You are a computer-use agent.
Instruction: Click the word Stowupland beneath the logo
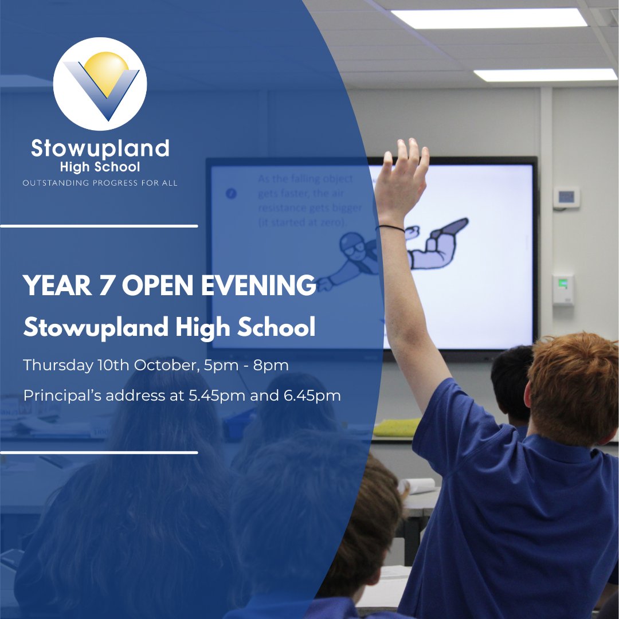point(100,149)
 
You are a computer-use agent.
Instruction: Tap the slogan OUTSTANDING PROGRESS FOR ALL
point(100,183)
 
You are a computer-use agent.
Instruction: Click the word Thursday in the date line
point(58,365)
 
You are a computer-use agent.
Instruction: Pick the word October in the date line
point(167,365)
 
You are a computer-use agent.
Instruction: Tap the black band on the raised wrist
point(391,228)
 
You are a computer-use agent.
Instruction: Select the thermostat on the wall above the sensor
point(566,197)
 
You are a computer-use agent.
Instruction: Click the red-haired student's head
point(573,384)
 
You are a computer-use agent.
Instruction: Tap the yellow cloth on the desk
point(397,428)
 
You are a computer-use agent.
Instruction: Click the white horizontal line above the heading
point(99,226)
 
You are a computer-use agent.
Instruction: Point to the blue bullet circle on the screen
point(231,194)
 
